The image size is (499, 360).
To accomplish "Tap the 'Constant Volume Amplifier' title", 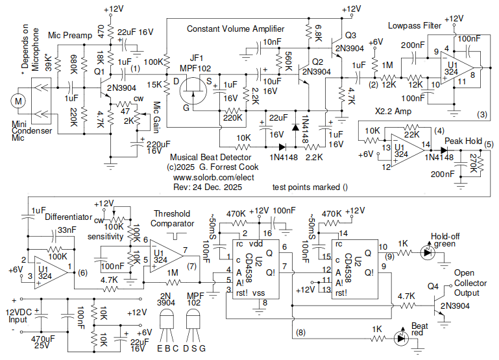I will pyautogui.click(x=236, y=29).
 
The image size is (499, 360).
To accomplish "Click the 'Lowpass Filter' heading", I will pyautogui.click(x=415, y=26).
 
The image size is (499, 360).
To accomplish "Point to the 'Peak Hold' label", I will pyautogui.click(x=463, y=141).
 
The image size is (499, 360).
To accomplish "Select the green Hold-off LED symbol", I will pyautogui.click(x=426, y=252).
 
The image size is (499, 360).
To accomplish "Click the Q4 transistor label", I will pyautogui.click(x=435, y=286).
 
